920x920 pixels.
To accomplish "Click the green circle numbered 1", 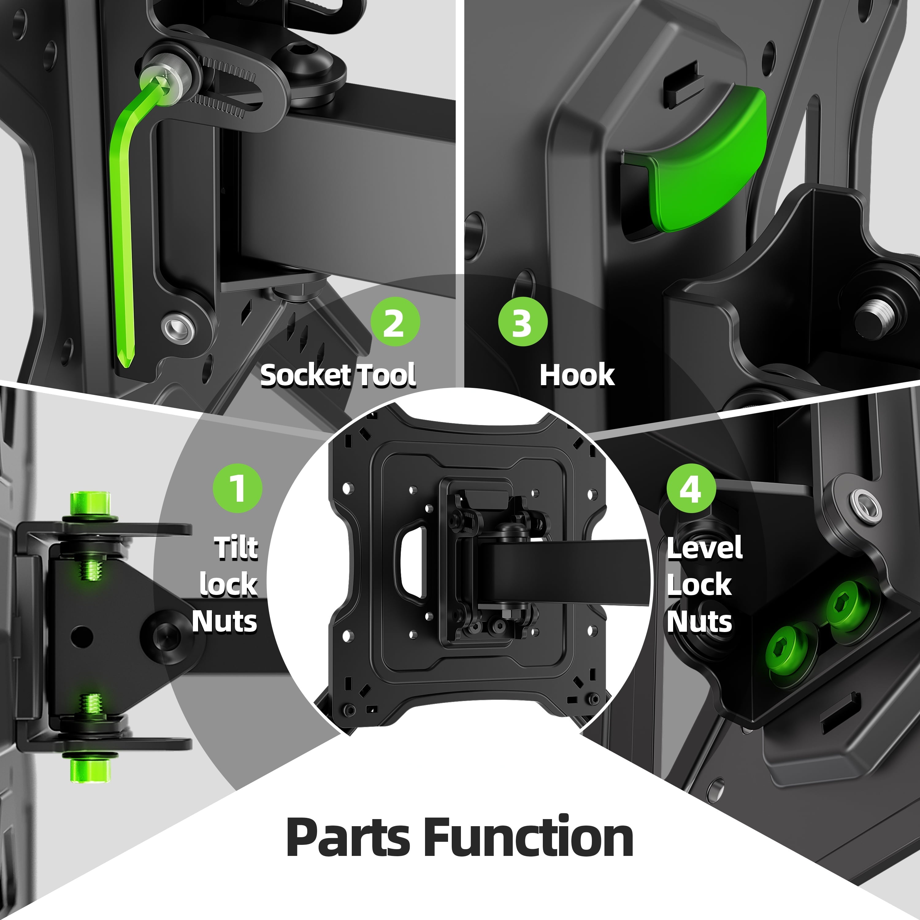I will (237, 488).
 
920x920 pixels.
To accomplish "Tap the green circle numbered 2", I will (395, 322).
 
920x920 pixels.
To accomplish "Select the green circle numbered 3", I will (522, 322).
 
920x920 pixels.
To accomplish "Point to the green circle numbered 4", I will (691, 488).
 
